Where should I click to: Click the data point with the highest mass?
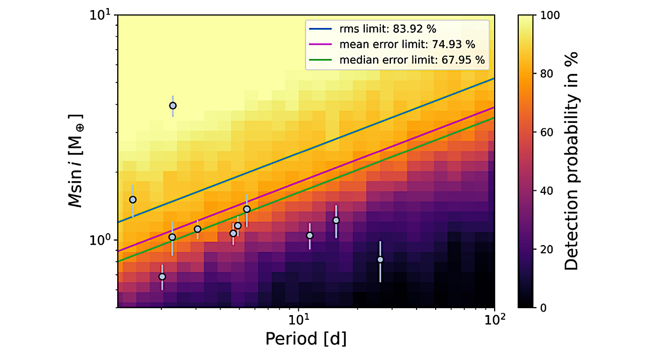[173, 106]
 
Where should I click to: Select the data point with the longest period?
[380, 259]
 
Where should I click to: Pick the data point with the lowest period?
[133, 199]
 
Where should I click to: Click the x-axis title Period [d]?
[305, 339]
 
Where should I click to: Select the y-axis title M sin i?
[77, 161]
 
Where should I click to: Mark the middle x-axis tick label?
[298, 319]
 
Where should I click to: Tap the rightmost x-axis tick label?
[494, 319]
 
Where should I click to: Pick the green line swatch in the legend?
[320, 60]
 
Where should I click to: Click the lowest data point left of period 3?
[162, 276]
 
